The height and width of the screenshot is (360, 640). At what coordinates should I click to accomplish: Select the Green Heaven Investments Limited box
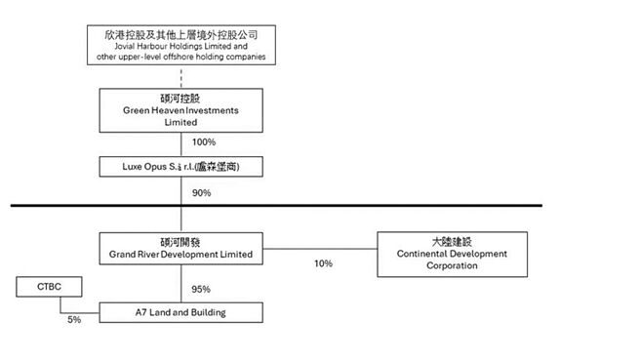181,110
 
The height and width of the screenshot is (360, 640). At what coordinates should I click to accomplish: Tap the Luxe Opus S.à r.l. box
181,167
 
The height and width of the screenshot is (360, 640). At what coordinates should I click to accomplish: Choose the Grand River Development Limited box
181,249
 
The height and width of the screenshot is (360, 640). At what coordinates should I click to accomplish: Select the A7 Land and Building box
181,312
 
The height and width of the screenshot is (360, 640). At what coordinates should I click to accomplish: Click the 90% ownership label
201,192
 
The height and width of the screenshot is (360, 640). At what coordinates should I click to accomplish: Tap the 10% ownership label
323,263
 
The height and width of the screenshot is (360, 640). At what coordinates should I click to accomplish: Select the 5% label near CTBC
74,319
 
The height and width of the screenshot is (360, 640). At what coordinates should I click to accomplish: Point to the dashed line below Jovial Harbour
181,77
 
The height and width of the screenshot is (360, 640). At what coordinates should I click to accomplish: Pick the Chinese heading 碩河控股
181,99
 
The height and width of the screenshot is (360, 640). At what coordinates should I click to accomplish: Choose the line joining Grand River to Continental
322,249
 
